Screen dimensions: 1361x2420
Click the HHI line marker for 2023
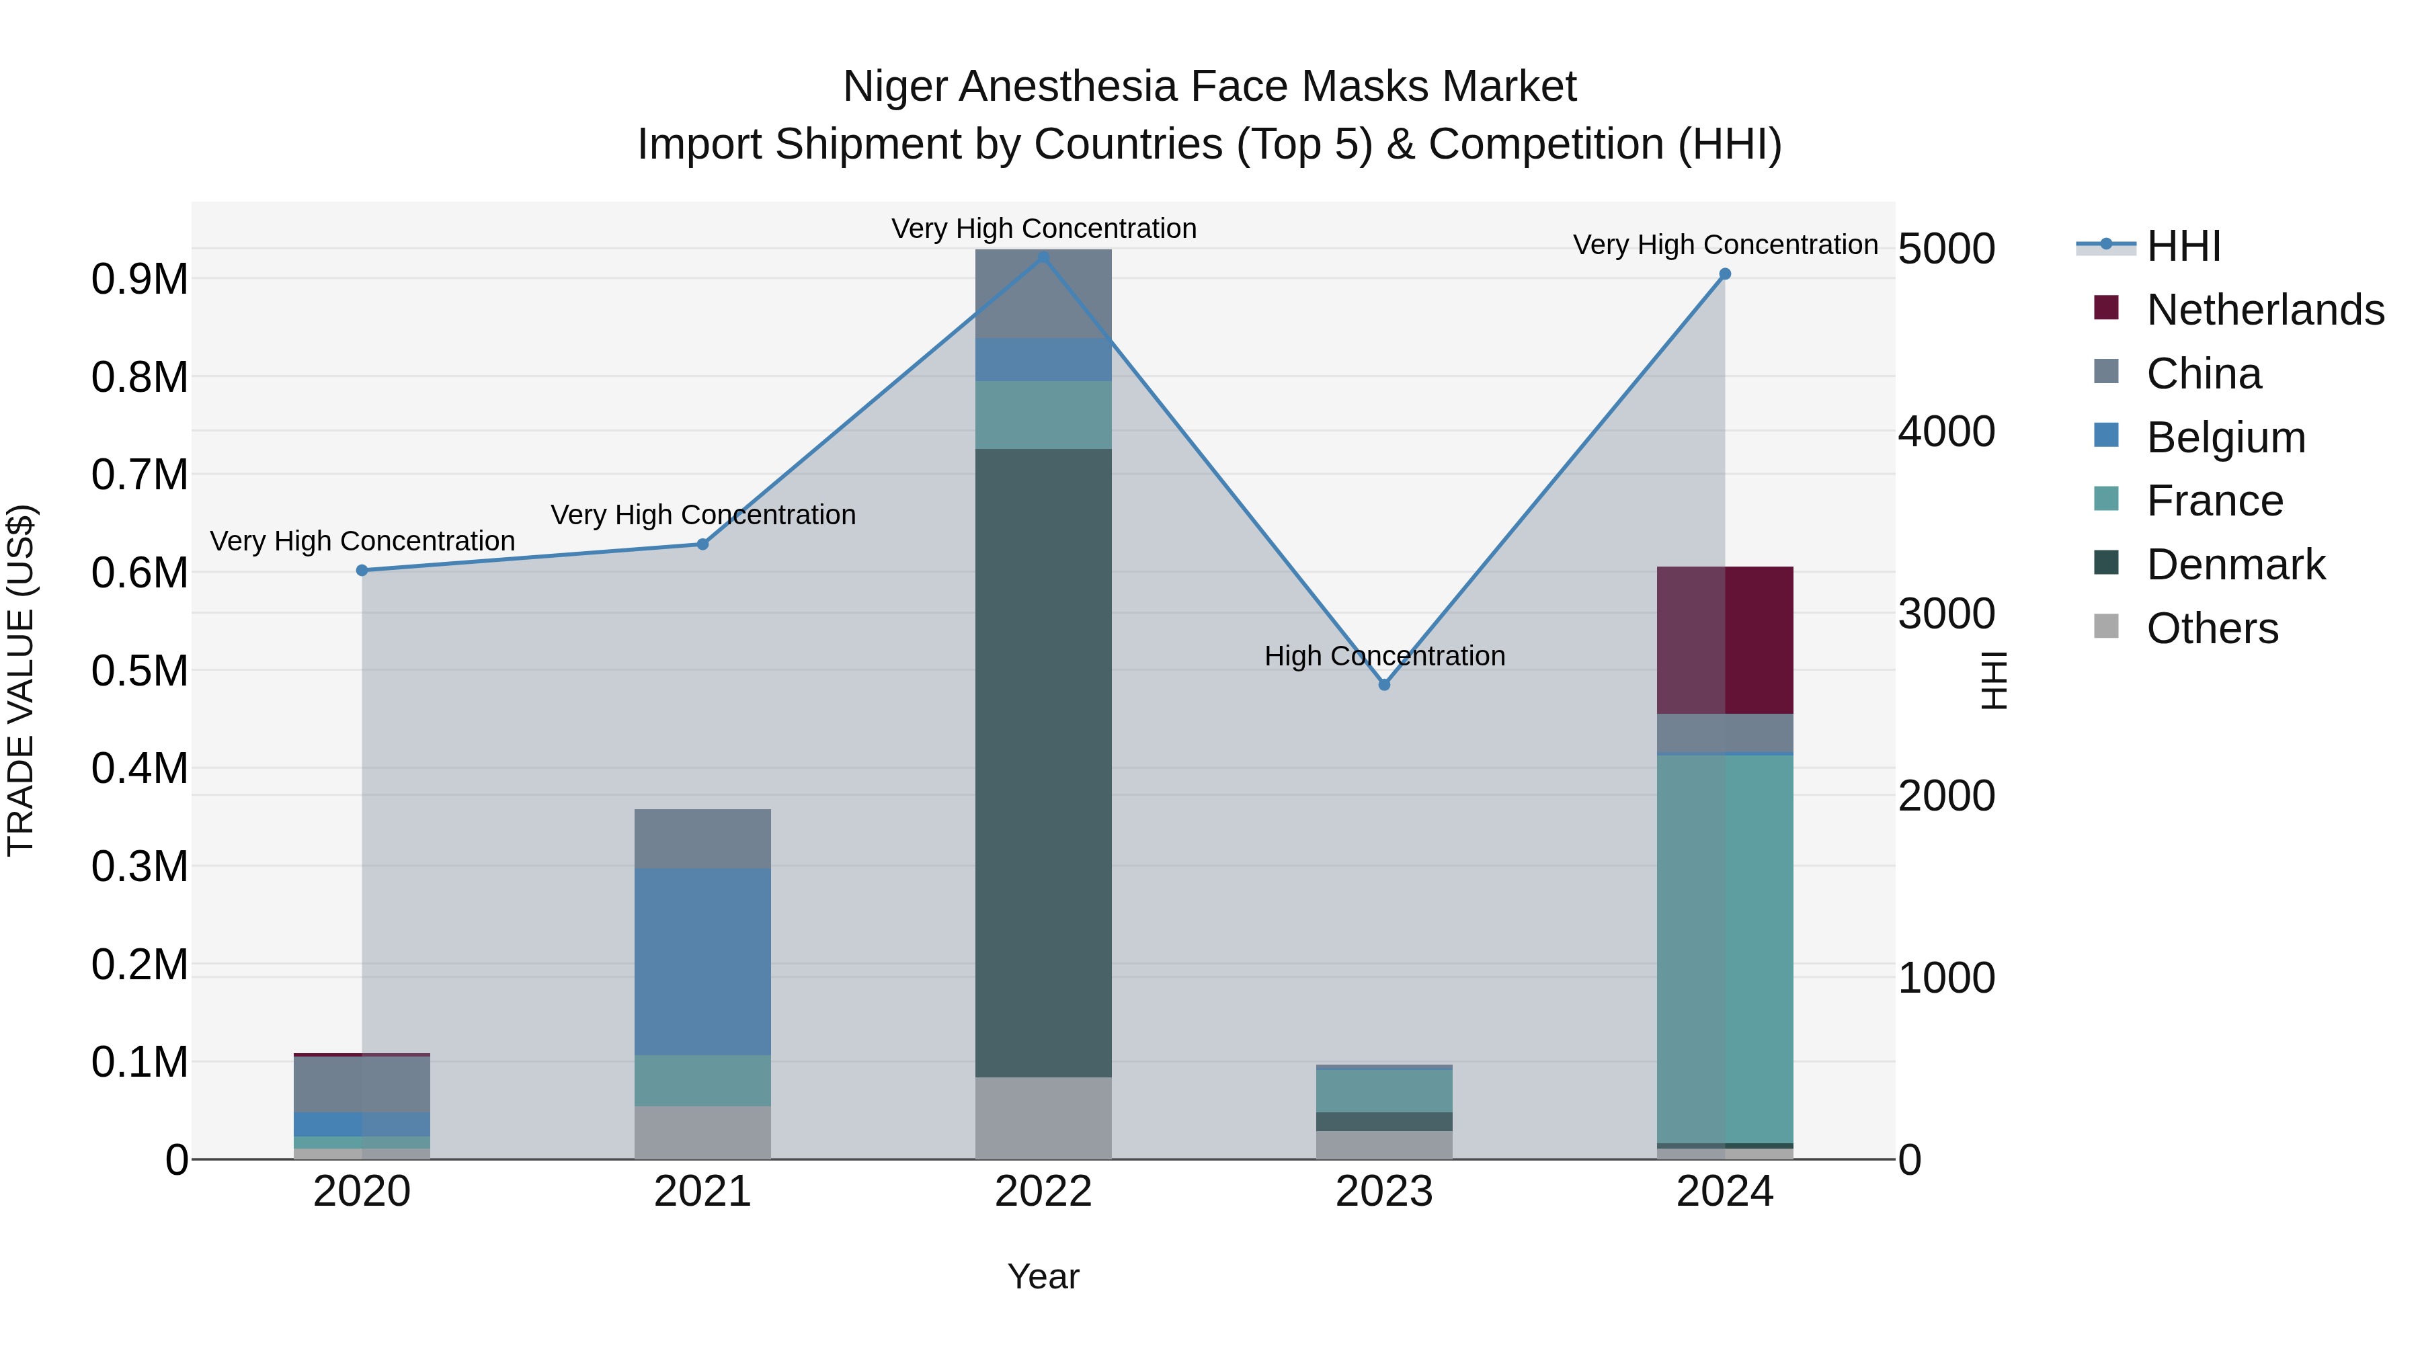click(1384, 685)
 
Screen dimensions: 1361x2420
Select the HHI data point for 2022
click(1043, 257)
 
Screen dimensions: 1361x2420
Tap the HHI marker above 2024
click(1725, 274)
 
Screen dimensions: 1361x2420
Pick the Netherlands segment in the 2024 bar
click(1725, 640)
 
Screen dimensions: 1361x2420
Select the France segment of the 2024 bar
click(1725, 948)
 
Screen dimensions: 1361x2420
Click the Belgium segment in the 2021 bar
click(702, 961)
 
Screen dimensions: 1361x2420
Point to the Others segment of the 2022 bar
click(1043, 1118)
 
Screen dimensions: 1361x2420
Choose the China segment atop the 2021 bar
click(702, 838)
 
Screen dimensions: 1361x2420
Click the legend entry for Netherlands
click(2264, 310)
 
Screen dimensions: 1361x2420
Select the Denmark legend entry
click(2235, 565)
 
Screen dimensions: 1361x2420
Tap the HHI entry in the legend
click(2183, 246)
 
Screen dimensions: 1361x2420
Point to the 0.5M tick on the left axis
click(139, 671)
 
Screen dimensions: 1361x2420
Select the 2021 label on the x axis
click(702, 1192)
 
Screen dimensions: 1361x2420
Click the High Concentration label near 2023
click(1384, 655)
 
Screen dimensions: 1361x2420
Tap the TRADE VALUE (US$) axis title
click(21, 680)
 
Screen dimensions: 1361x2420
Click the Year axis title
click(1043, 1276)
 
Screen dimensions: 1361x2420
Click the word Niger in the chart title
click(893, 87)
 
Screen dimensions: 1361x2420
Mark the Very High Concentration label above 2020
click(362, 541)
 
